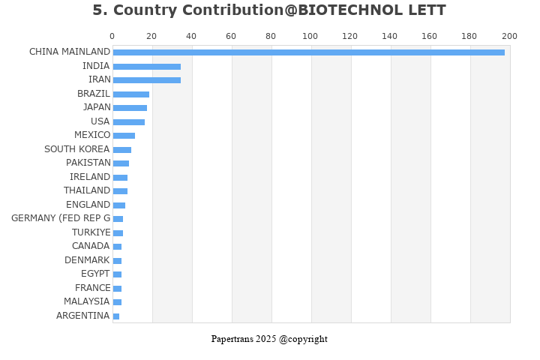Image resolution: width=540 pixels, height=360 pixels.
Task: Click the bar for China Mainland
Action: (x=308, y=52)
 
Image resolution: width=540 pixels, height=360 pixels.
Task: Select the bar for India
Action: (x=146, y=67)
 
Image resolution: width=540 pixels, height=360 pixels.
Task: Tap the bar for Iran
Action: (x=146, y=80)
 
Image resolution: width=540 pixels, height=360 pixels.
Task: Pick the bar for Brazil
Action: (x=130, y=94)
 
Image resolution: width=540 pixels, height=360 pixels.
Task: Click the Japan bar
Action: (x=130, y=108)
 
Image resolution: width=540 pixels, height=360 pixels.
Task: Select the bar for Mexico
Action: (x=124, y=136)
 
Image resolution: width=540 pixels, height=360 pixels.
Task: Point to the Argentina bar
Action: (x=115, y=316)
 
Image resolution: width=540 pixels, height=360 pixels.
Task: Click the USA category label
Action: (x=100, y=121)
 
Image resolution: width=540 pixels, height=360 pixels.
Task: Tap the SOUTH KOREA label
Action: (x=76, y=149)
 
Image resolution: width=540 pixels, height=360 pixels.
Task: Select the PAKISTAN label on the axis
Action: (x=88, y=163)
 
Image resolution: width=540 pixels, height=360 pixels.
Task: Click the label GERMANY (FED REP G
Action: (x=61, y=218)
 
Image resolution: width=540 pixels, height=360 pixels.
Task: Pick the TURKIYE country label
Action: (x=91, y=232)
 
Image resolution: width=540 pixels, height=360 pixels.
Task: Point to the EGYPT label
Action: (x=95, y=274)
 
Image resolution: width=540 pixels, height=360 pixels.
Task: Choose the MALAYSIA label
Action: (x=86, y=301)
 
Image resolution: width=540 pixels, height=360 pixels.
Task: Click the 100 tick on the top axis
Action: (x=310, y=36)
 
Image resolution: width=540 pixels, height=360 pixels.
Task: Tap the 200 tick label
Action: (x=509, y=36)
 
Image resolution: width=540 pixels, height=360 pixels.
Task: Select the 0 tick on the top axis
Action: (x=112, y=36)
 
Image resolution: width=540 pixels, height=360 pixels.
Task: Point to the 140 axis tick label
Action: (x=390, y=36)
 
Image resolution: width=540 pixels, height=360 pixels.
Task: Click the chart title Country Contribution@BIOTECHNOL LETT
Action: (x=269, y=10)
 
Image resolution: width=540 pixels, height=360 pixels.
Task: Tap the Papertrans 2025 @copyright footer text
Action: (x=269, y=339)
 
